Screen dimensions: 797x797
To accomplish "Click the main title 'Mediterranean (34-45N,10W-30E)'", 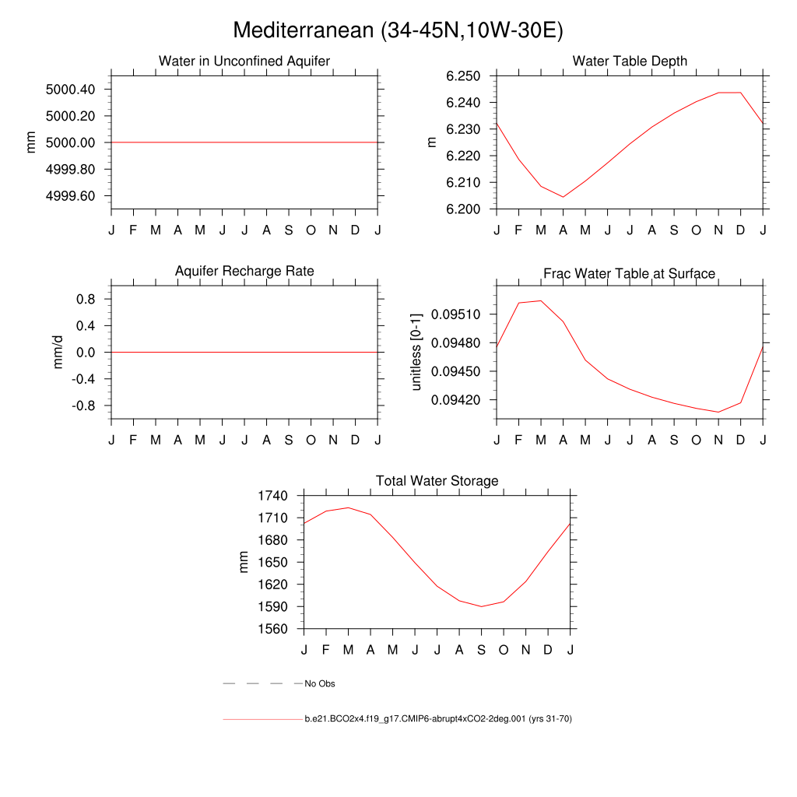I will click(398, 30).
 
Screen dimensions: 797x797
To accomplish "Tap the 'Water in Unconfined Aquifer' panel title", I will click(244, 61).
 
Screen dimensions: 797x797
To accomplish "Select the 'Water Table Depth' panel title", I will click(630, 61).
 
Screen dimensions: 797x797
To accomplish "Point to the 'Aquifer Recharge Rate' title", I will click(244, 271).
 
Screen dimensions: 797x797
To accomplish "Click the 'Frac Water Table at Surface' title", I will click(629, 273).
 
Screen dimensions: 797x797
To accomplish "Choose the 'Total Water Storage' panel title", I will click(437, 481).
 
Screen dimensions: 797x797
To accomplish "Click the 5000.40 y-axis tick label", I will click(71, 90).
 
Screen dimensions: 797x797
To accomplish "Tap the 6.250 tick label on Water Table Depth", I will click(462, 76).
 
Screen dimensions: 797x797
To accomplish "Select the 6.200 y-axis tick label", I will click(462, 209).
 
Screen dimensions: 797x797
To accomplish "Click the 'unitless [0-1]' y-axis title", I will click(416, 353).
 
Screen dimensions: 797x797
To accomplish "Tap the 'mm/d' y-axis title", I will click(58, 353).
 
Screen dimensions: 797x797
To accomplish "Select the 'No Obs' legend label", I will click(320, 684).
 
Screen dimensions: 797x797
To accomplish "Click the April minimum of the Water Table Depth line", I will click(563, 197).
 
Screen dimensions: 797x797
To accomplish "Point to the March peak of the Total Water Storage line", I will click(348, 507).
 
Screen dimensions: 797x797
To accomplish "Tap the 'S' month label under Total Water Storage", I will click(482, 650).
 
